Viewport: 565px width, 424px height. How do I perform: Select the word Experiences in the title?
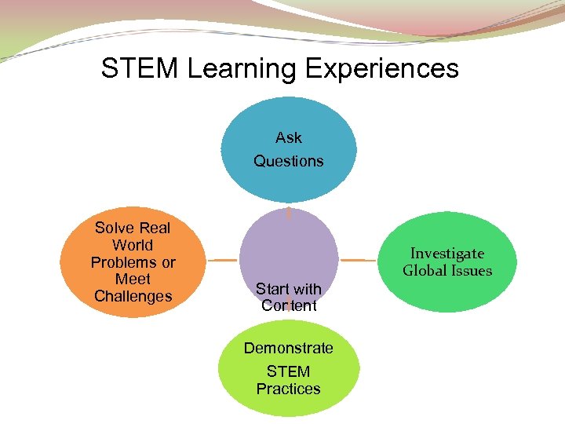pyautogui.click(x=382, y=68)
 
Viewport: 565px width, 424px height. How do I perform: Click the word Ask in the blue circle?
pyautogui.click(x=289, y=137)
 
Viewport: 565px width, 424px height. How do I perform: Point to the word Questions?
pyautogui.click(x=289, y=161)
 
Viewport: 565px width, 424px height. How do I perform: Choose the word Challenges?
pyautogui.click(x=133, y=296)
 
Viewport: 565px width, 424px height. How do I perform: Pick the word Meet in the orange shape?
pyautogui.click(x=133, y=279)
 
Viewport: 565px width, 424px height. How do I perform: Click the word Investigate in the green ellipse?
pyautogui.click(x=447, y=254)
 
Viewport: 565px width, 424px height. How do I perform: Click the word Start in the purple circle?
pyautogui.click(x=272, y=289)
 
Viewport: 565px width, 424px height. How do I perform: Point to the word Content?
pyautogui.click(x=289, y=305)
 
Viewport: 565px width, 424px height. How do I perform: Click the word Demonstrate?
pyautogui.click(x=289, y=348)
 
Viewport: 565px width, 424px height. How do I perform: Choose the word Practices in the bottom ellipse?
pyautogui.click(x=289, y=389)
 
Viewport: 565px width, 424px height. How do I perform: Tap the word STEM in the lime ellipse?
pyautogui.click(x=289, y=371)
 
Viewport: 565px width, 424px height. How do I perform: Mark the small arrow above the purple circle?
pyautogui.click(x=289, y=213)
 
